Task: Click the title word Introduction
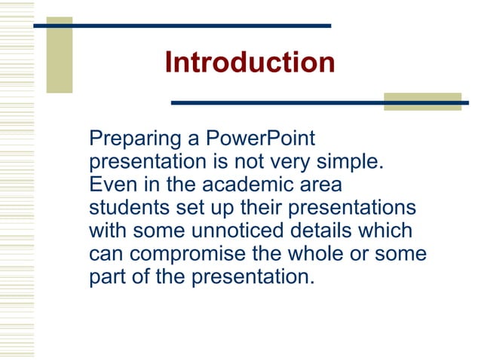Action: point(250,62)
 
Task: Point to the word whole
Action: point(341,253)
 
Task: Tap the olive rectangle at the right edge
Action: point(421,102)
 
